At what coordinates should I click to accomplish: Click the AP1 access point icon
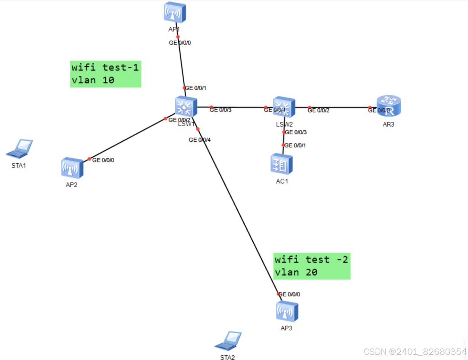click(x=175, y=12)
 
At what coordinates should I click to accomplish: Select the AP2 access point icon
click(x=72, y=168)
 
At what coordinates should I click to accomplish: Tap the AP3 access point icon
click(x=287, y=311)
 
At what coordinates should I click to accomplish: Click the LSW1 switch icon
click(x=186, y=107)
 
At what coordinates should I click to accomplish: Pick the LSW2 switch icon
click(x=284, y=107)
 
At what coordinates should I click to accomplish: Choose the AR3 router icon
click(x=389, y=106)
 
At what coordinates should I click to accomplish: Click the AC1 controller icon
click(x=281, y=164)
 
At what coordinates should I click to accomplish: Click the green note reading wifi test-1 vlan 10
click(x=105, y=74)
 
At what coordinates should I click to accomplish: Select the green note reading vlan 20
click(x=312, y=266)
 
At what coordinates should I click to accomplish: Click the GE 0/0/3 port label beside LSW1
click(x=221, y=110)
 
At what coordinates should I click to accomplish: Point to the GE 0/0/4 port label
click(x=199, y=140)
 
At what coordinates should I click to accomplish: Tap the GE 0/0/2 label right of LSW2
click(x=318, y=111)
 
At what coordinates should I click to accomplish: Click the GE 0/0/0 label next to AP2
click(x=103, y=160)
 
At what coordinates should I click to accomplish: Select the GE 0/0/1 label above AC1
click(x=295, y=145)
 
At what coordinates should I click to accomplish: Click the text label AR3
click(x=388, y=124)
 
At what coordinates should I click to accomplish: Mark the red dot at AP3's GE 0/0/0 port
click(x=279, y=294)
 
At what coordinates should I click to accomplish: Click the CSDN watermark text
click(x=415, y=352)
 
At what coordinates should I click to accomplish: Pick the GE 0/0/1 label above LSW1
click(x=195, y=88)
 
